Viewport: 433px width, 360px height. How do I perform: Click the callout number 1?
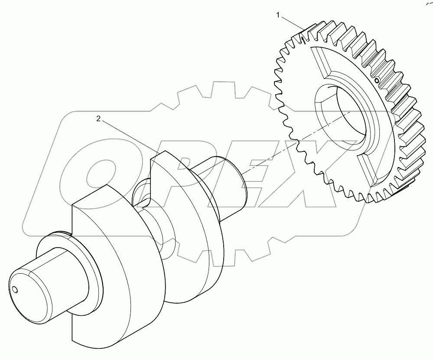pyautogui.click(x=279, y=16)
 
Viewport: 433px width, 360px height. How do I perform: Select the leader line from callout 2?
pyautogui.click(x=128, y=135)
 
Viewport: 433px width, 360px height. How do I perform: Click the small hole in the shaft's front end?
pyautogui.click(x=16, y=290)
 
